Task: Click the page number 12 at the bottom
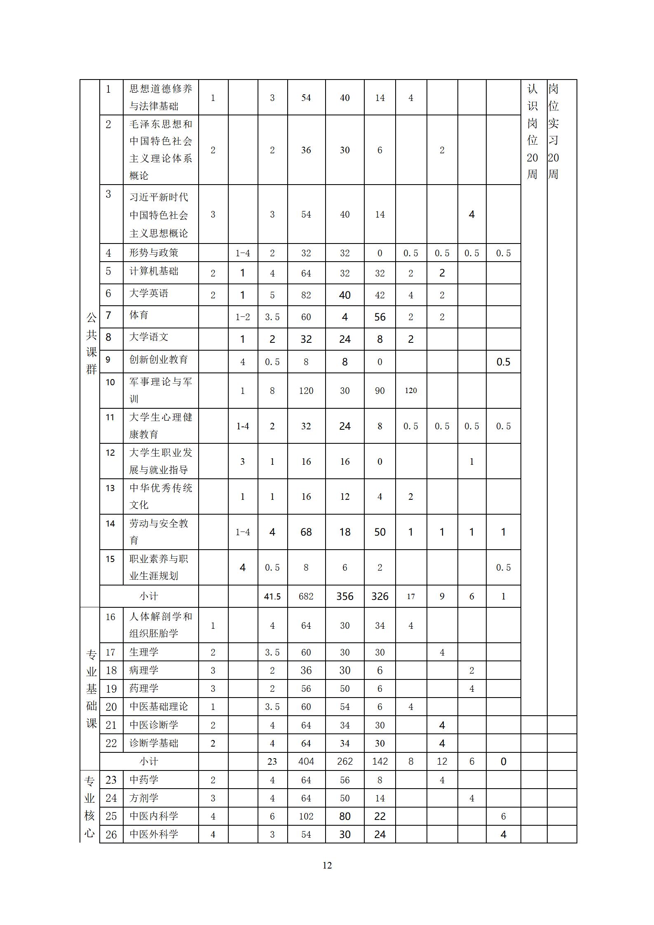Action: (327, 865)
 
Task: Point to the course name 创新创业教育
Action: (159, 359)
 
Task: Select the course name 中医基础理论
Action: (159, 707)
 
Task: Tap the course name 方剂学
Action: (144, 798)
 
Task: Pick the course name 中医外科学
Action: (154, 834)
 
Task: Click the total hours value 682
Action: (306, 596)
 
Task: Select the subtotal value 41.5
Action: (272, 596)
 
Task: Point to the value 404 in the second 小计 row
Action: (306, 761)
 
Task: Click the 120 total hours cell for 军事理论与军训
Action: (306, 391)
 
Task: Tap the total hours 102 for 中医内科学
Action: (306, 816)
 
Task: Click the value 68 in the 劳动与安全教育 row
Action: (306, 532)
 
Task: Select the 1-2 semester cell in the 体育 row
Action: (242, 317)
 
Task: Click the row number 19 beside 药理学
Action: (111, 688)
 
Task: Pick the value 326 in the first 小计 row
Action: (380, 596)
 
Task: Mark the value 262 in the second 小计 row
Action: (345, 761)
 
